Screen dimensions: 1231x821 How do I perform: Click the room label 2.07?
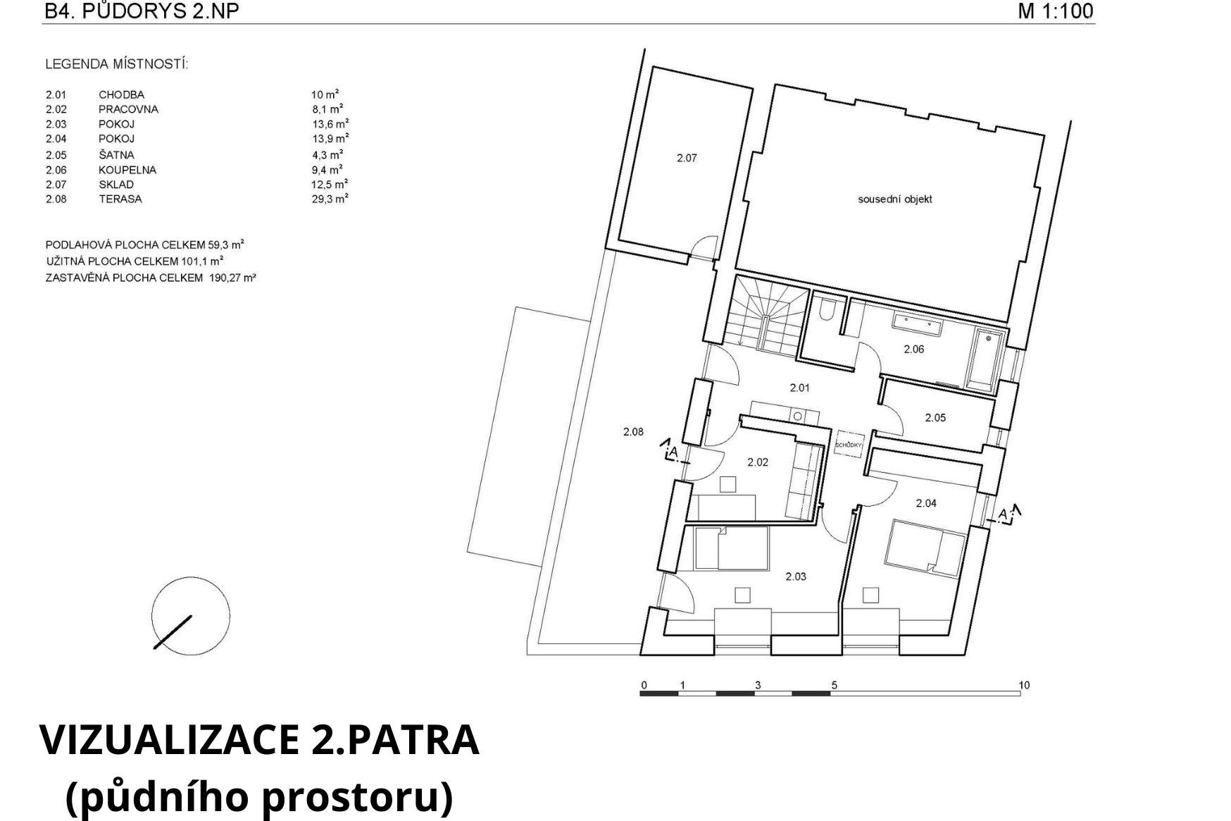[x=687, y=158]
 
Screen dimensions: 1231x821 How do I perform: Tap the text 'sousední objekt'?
[x=894, y=199]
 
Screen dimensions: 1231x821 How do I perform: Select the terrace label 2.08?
[x=633, y=432]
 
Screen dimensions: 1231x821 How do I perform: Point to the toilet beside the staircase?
[x=827, y=311]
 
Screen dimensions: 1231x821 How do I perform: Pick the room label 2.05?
[x=935, y=418]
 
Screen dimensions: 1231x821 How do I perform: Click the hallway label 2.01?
[x=800, y=387]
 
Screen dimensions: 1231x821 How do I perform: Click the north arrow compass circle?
[x=191, y=616]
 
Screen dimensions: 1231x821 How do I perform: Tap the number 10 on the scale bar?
[x=1024, y=685]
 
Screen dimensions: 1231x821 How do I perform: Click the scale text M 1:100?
[x=1055, y=11]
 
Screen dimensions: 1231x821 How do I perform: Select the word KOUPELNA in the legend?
[x=127, y=170]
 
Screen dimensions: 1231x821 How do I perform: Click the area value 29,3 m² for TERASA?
[x=330, y=199]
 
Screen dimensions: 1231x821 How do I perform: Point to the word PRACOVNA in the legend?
[x=128, y=109]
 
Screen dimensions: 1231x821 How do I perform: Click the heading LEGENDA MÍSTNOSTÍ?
[x=116, y=64]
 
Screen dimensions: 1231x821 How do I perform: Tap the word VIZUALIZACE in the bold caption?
[x=169, y=740]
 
